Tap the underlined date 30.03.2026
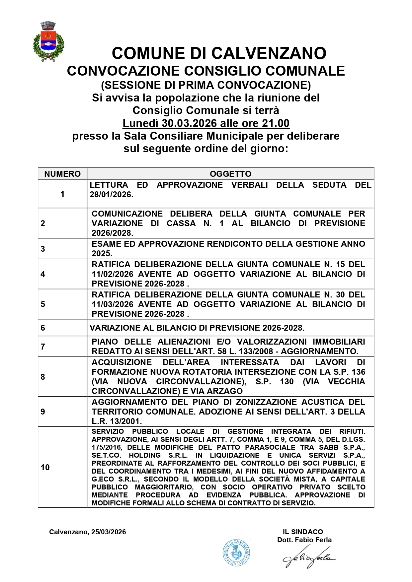[189, 123]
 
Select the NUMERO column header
[62, 174]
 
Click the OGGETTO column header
[230, 174]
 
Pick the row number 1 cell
[62, 194]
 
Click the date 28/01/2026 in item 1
[111, 195]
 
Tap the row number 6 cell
[43, 328]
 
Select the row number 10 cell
[45, 467]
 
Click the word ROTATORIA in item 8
[195, 372]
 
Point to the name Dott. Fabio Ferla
[304, 540]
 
